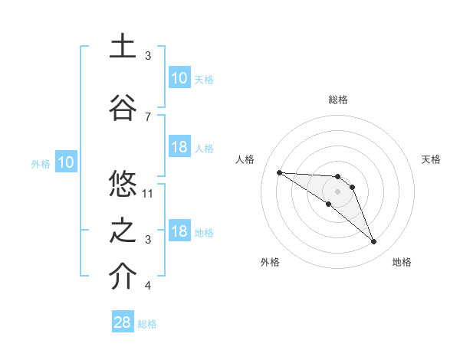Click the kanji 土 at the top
click(123, 46)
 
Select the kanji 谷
click(123, 106)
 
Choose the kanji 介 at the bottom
click(123, 277)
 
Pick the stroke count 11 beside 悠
click(148, 193)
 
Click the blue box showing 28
click(123, 322)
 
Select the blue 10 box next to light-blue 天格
click(179, 78)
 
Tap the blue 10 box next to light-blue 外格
click(65, 162)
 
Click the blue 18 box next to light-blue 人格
click(179, 147)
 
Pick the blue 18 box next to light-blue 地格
click(179, 231)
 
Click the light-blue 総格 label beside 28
click(148, 324)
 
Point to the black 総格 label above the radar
click(338, 100)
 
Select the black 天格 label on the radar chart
click(432, 159)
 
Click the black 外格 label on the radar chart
click(270, 262)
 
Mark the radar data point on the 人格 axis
click(279, 172)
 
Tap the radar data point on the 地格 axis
click(373, 242)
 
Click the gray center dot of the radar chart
click(338, 191)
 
